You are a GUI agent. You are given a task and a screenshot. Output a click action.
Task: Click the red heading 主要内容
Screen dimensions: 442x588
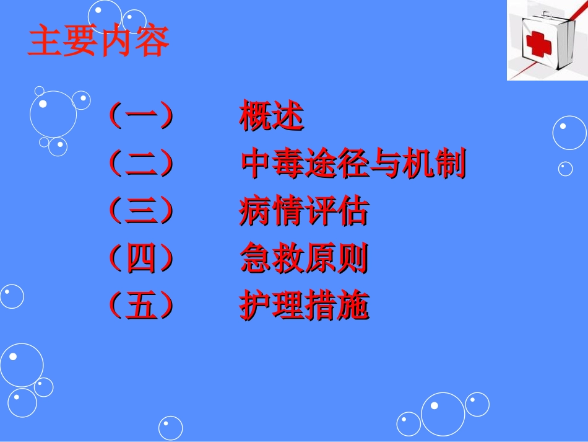(x=98, y=42)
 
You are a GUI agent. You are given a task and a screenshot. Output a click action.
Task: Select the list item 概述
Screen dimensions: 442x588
(x=272, y=117)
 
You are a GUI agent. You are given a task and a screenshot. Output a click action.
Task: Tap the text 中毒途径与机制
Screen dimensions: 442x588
(x=353, y=164)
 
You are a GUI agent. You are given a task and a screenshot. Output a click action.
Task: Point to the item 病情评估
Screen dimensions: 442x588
(x=304, y=211)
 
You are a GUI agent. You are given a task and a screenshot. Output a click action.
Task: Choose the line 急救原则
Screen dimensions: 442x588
(x=304, y=259)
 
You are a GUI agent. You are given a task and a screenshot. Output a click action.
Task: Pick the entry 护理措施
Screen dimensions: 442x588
(x=304, y=306)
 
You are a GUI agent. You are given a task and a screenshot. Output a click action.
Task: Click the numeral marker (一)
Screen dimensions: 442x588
(x=140, y=117)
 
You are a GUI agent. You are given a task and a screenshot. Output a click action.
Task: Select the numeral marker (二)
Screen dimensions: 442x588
(x=140, y=164)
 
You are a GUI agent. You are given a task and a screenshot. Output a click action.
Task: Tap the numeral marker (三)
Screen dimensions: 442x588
(x=140, y=211)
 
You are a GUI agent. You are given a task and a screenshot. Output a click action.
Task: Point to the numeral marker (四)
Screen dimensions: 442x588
(x=140, y=259)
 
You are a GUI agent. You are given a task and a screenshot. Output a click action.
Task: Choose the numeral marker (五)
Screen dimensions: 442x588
(x=140, y=306)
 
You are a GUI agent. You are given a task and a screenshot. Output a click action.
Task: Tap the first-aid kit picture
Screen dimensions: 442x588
(x=547, y=40)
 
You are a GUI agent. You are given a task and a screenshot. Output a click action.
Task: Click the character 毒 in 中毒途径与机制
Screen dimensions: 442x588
(x=288, y=164)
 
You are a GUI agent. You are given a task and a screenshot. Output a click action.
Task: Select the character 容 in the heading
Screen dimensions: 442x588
(x=151, y=42)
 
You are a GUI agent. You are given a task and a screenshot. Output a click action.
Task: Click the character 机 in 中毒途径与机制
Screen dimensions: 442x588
(x=417, y=164)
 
